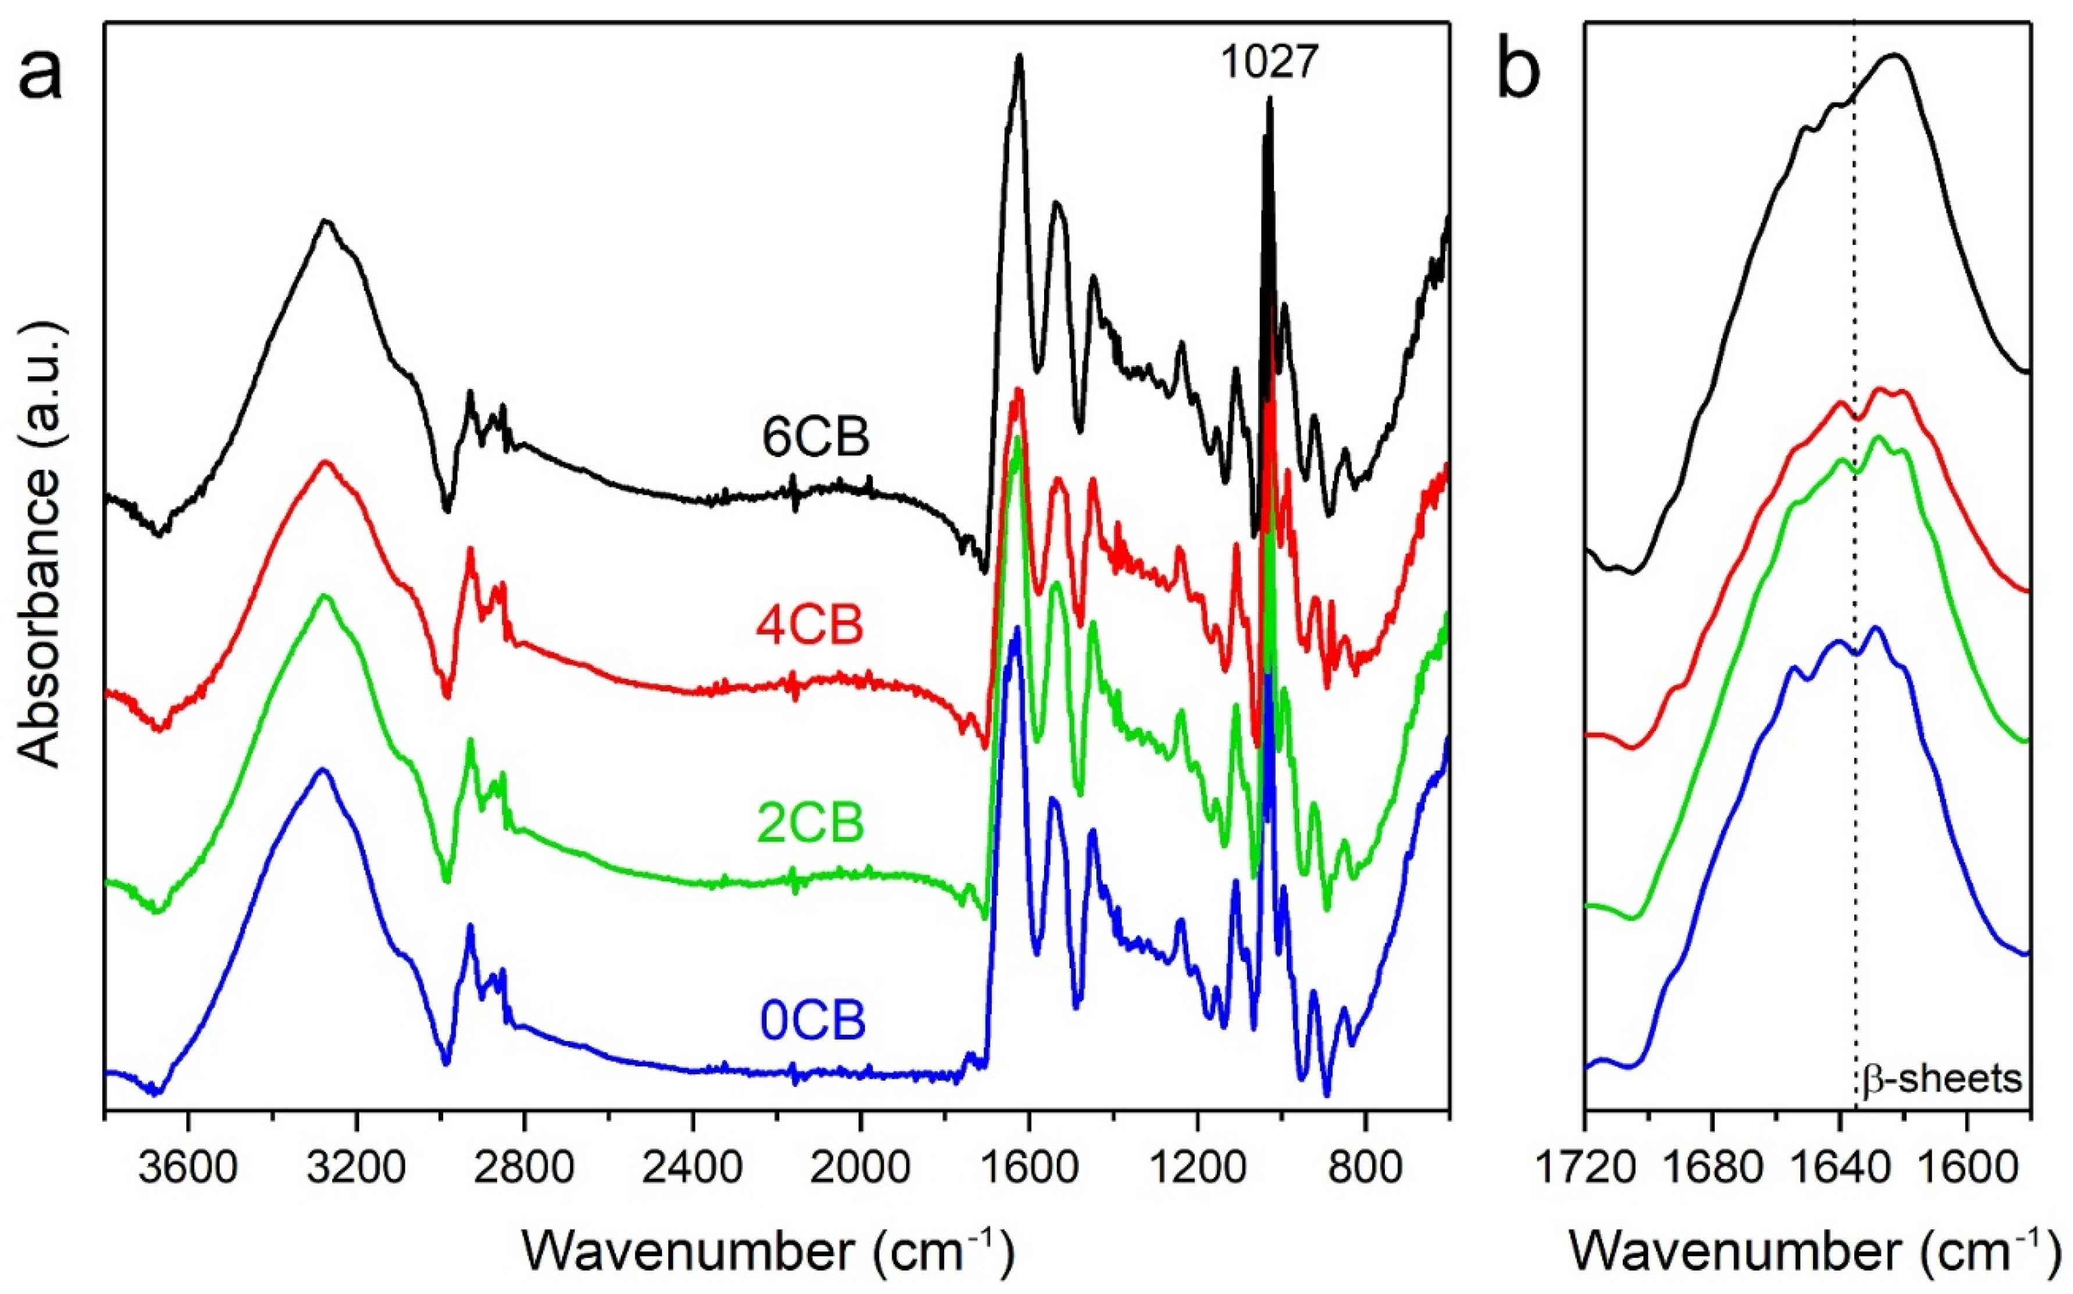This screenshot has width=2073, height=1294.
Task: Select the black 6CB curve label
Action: pos(815,438)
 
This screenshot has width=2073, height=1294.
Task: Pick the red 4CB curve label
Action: pos(810,626)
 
